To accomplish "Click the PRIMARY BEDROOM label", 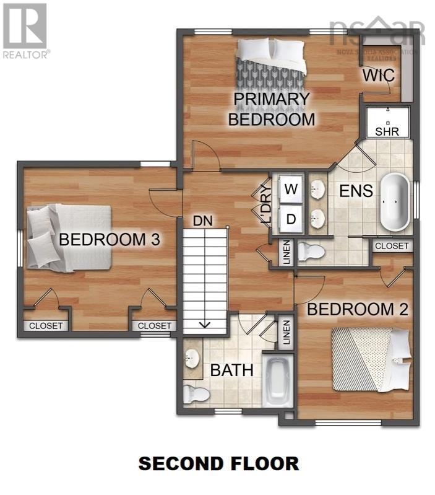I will [x=271, y=109].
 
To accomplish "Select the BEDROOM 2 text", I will [x=358, y=309].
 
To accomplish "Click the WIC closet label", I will [x=379, y=76].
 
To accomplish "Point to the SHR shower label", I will [x=387, y=131].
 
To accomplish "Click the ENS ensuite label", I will [x=356, y=190].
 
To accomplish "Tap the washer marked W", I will [x=290, y=189].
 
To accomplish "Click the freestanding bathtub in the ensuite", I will [x=394, y=201].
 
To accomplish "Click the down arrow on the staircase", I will [x=205, y=324].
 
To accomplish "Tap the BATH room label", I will [x=232, y=370].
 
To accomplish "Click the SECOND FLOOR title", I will [x=218, y=463].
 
